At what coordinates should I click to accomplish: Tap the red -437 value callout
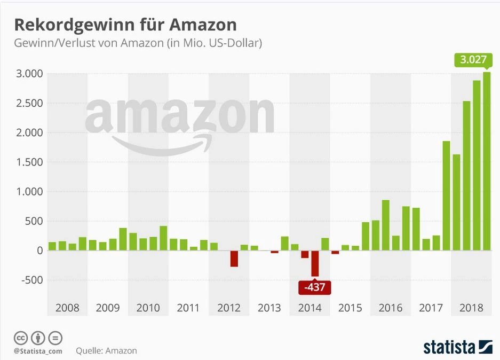point(315,287)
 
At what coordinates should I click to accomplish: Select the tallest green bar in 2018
point(487,161)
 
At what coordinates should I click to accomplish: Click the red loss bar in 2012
point(234,259)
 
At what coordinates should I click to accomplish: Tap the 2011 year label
point(188,308)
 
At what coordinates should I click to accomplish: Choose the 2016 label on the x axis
point(390,308)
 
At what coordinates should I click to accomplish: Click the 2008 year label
point(67,308)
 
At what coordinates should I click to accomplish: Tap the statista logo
point(457,347)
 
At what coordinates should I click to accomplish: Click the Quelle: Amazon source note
point(106,351)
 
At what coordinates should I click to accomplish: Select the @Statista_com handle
point(38,351)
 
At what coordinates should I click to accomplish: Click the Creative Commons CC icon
point(21,338)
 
